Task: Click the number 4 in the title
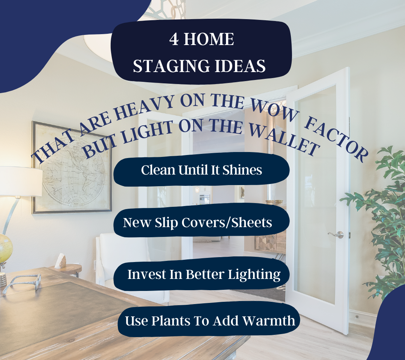point(174,39)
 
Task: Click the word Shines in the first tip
point(242,170)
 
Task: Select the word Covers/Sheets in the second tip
point(226,222)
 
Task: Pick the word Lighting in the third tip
point(254,274)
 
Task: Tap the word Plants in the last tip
point(170,321)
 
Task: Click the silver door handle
point(336,235)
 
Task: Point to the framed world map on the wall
point(72,168)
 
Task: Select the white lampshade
point(21,181)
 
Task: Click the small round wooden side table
point(68,269)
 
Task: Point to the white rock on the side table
point(61,261)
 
